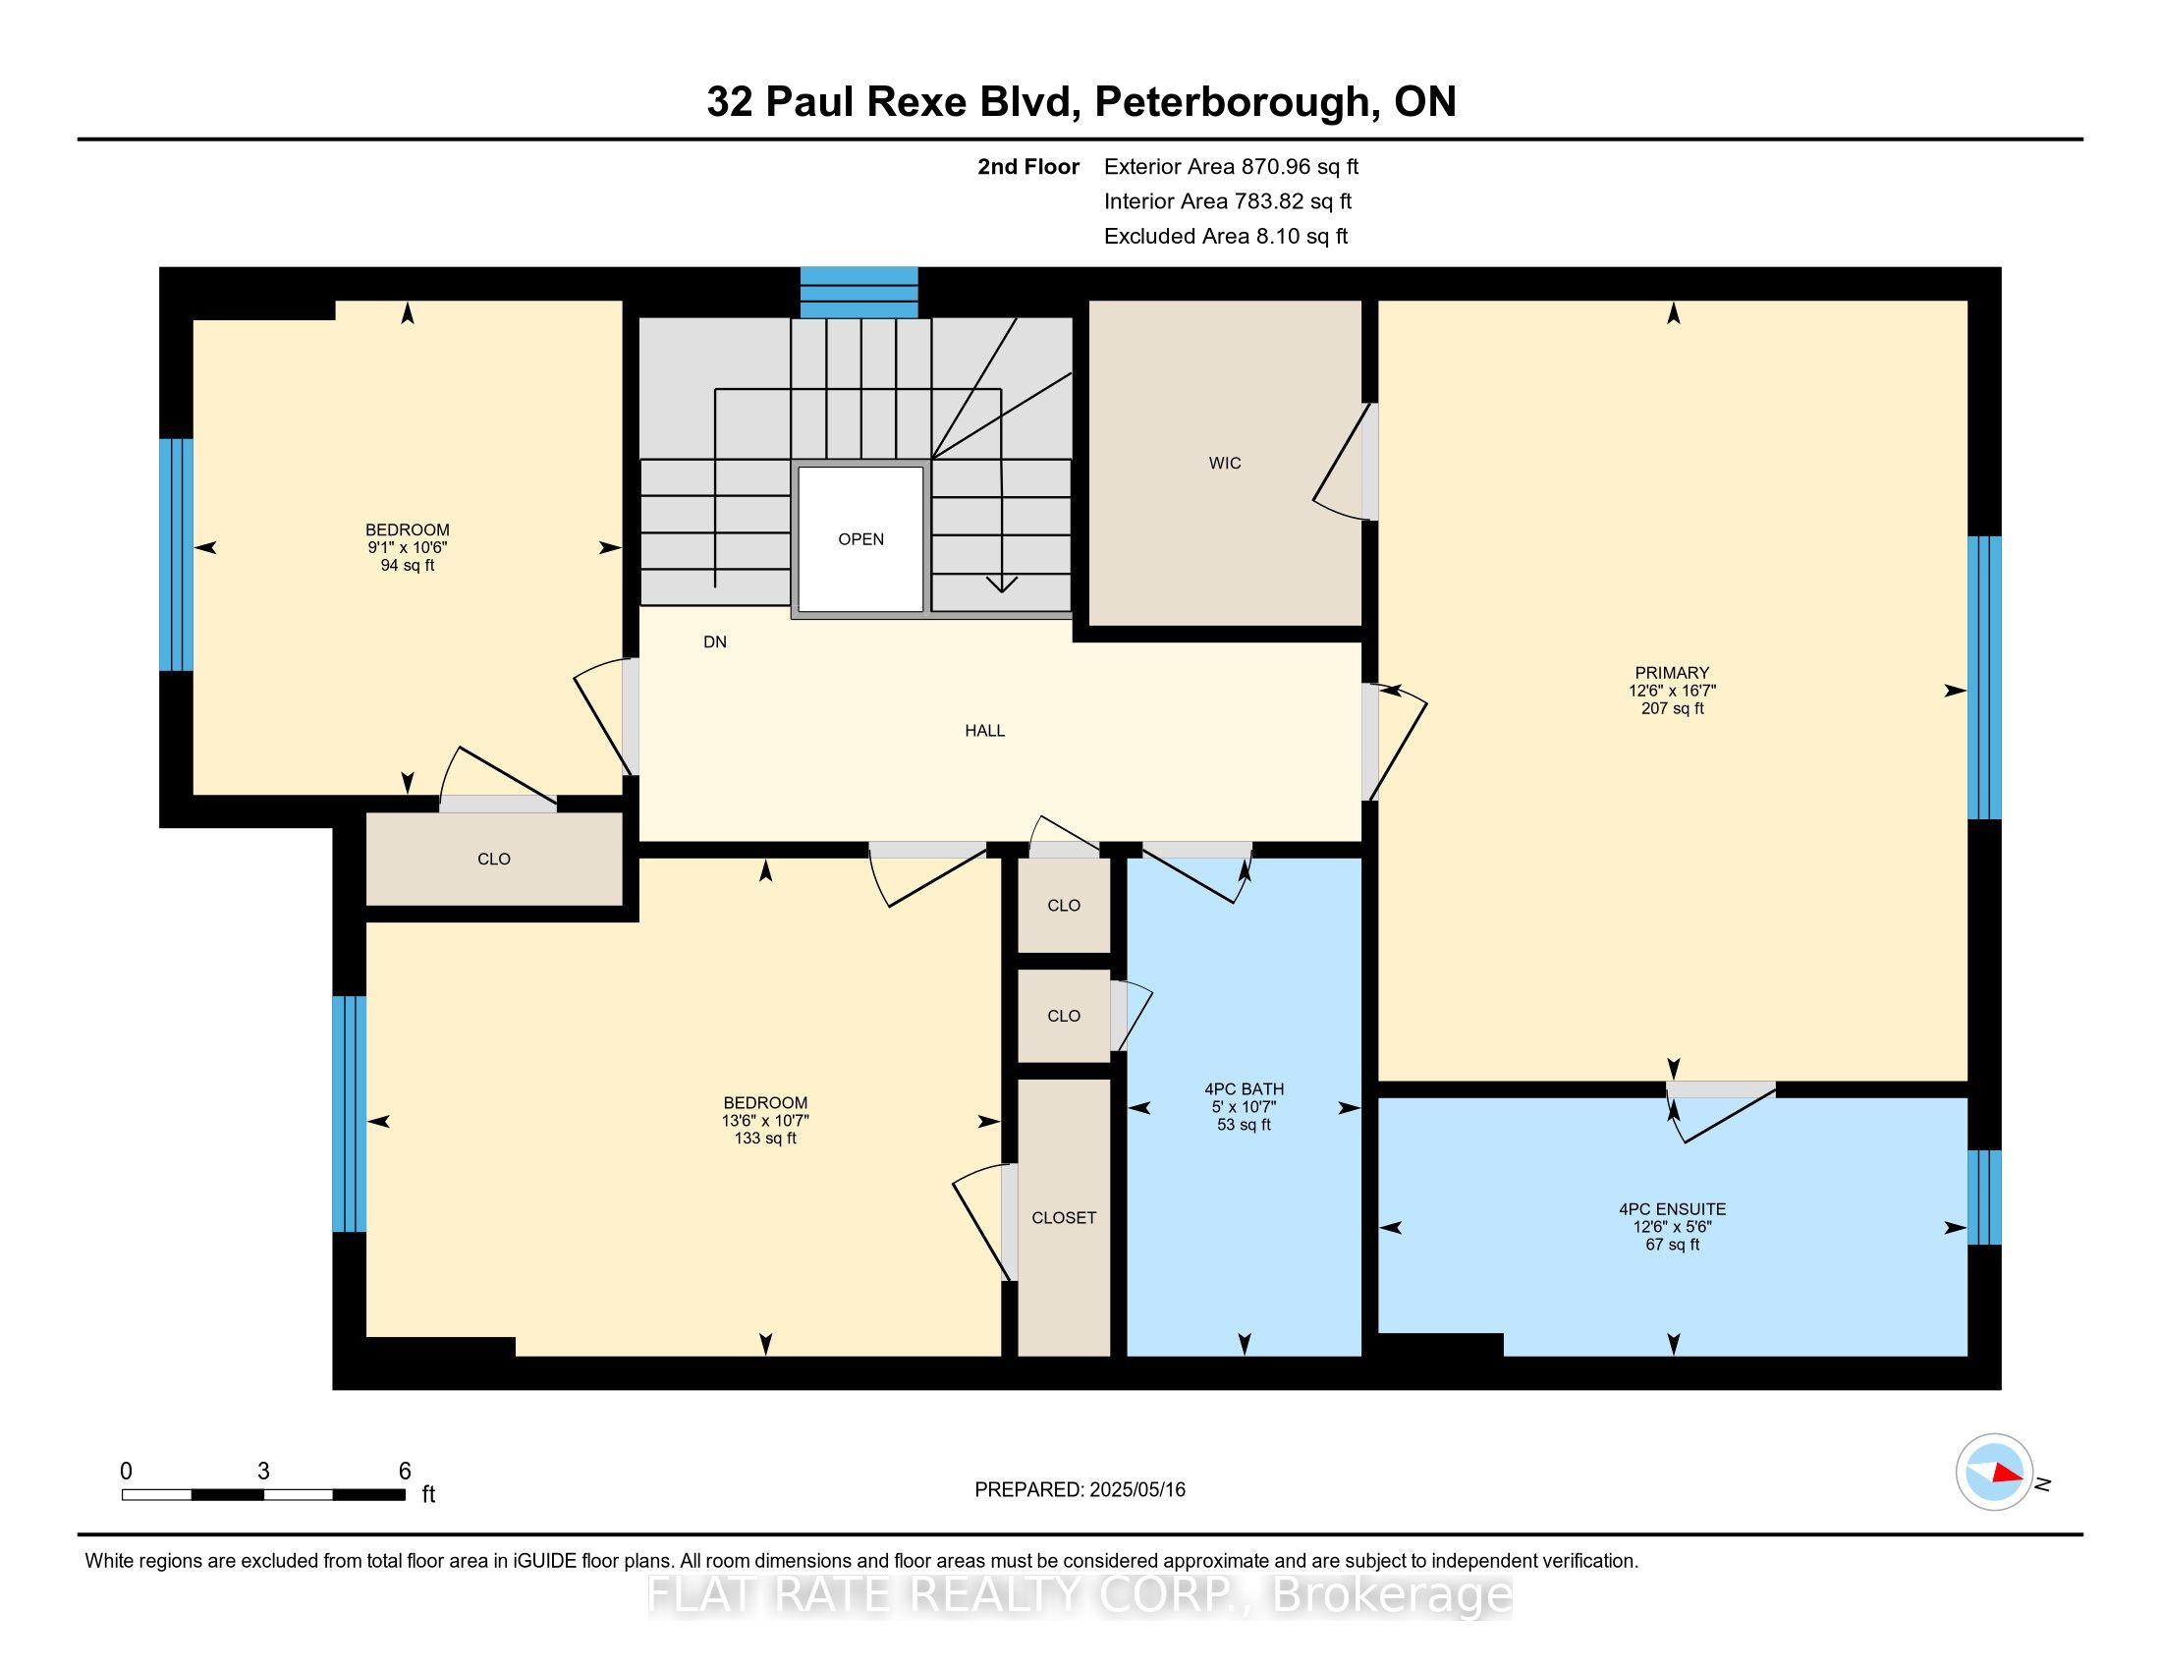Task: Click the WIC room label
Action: click(x=1224, y=463)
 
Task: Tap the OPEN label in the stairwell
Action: click(x=859, y=539)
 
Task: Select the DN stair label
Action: click(x=714, y=642)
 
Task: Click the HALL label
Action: click(x=984, y=730)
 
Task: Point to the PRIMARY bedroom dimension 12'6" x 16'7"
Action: click(x=1671, y=691)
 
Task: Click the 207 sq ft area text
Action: click(x=1671, y=708)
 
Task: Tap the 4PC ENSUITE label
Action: click(x=1671, y=1209)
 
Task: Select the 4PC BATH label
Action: click(x=1244, y=1089)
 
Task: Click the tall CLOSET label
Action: click(x=1064, y=1218)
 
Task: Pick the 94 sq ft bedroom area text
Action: click(x=407, y=566)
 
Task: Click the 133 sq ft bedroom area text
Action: click(x=765, y=1139)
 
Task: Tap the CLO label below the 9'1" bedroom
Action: click(x=494, y=859)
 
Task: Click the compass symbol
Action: click(x=1994, y=1473)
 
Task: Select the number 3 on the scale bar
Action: click(x=263, y=1472)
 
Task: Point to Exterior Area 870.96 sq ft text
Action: click(x=1231, y=167)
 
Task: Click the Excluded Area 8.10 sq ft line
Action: click(x=1225, y=237)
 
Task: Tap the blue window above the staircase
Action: click(x=858, y=292)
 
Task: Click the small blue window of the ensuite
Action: click(x=1983, y=1197)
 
